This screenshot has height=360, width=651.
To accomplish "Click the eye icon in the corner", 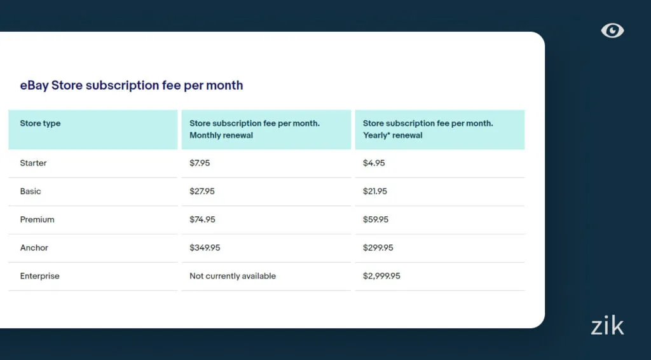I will tap(612, 31).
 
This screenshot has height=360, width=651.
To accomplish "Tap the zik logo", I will tap(607, 326).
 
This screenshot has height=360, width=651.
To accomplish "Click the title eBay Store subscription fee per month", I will tap(132, 85).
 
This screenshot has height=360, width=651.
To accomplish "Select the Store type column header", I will tap(40, 123).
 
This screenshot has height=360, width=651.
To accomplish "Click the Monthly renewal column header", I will tap(254, 129).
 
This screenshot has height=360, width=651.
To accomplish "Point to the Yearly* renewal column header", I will tap(428, 129).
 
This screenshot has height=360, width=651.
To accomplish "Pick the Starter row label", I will tap(33, 163).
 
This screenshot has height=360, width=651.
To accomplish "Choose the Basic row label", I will tap(31, 191).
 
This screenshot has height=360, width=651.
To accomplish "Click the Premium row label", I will tap(37, 219).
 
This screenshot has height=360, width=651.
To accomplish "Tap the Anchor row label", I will tap(34, 248).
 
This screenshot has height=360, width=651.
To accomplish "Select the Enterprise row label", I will tap(39, 276).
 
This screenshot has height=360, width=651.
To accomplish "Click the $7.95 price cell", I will tap(200, 163).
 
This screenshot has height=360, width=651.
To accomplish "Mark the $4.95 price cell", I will tap(374, 163).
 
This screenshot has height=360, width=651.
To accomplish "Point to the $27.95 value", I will tap(202, 191).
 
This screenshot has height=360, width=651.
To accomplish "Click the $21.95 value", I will tap(375, 191).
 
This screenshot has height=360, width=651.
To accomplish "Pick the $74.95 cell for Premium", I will tap(202, 219).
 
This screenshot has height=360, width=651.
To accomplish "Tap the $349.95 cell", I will tap(205, 248).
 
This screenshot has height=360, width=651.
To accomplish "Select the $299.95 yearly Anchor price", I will tap(378, 248).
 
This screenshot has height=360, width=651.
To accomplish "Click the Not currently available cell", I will tap(233, 276).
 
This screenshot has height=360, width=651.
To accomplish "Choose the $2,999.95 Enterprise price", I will tap(381, 276).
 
